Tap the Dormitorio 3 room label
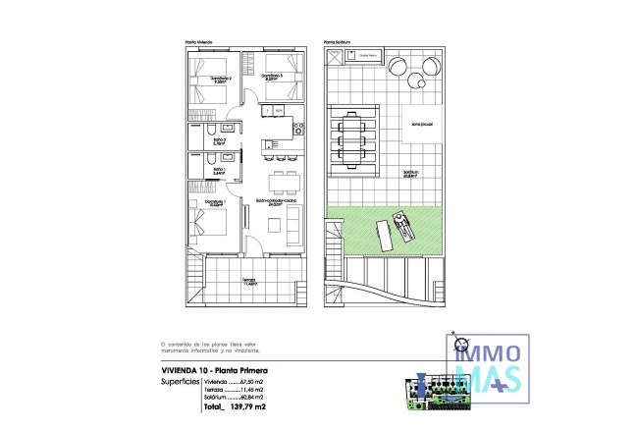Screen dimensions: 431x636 coord(273,75)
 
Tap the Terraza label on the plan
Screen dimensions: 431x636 coord(249,281)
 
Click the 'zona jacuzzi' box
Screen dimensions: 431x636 coord(423,124)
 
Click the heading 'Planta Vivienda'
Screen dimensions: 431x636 coord(199,42)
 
